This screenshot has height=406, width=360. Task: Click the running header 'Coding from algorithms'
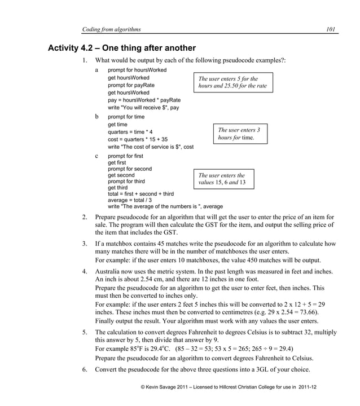[x=111, y=29]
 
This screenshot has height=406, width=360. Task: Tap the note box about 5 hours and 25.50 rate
[x=232, y=82]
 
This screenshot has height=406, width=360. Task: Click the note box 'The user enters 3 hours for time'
[x=239, y=134]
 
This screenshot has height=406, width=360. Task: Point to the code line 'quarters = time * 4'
[x=130, y=132]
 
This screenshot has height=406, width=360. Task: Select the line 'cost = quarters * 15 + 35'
[x=137, y=139]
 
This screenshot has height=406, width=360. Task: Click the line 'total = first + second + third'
[x=141, y=194]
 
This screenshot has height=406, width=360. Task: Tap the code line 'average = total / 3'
[x=130, y=200]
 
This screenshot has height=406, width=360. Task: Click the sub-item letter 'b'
[x=97, y=117]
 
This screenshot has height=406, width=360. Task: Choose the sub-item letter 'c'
[x=97, y=156]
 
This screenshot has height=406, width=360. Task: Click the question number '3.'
[x=85, y=244]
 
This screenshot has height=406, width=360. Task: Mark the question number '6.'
[x=85, y=369]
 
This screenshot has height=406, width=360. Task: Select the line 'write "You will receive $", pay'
[x=143, y=107]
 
